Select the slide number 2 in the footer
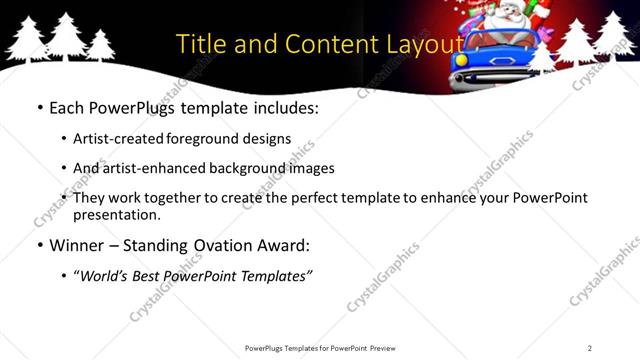(x=590, y=348)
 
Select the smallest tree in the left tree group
(x=100, y=45)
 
